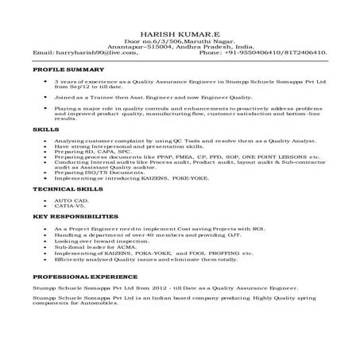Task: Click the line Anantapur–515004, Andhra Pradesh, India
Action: [179, 48]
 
